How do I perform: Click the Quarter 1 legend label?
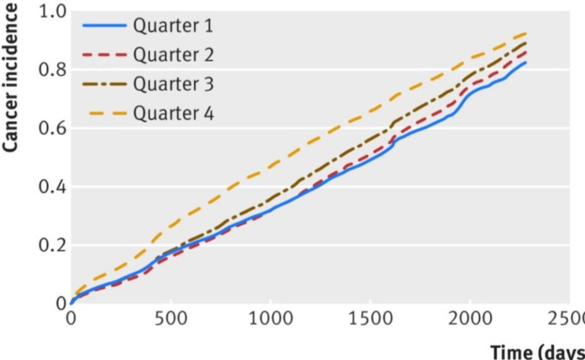pyautogui.click(x=173, y=26)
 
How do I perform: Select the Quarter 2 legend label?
pyautogui.click(x=173, y=55)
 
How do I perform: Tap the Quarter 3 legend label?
pyautogui.click(x=173, y=84)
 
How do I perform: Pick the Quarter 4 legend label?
pyautogui.click(x=173, y=113)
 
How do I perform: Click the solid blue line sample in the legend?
pyautogui.click(x=104, y=26)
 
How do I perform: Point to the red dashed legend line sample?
pyautogui.click(x=104, y=55)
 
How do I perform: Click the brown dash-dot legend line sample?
pyautogui.click(x=104, y=84)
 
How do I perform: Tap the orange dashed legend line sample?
pyautogui.click(x=104, y=113)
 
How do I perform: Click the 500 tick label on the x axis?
pyautogui.click(x=170, y=318)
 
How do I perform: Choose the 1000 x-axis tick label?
pyautogui.click(x=270, y=318)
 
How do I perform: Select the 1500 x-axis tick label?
pyautogui.click(x=370, y=318)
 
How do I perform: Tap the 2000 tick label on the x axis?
pyautogui.click(x=470, y=318)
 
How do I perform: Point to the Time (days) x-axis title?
pyautogui.click(x=538, y=351)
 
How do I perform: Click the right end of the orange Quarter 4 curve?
pyautogui.click(x=525, y=34)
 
